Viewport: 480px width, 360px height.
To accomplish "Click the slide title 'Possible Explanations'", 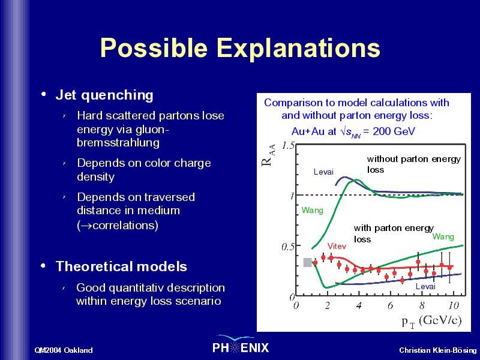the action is [x=240, y=47].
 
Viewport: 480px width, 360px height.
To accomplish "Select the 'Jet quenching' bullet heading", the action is [x=104, y=95].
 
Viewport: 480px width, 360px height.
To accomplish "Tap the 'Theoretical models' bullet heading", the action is [x=121, y=266].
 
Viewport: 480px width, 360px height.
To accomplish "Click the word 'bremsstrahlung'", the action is [x=118, y=143].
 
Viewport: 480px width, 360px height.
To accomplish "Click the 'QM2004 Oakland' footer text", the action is [x=64, y=350].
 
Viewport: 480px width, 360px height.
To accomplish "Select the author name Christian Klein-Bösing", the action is [x=438, y=350].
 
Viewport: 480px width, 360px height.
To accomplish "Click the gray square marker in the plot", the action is [x=308, y=262].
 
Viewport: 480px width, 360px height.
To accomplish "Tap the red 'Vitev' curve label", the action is [x=337, y=246].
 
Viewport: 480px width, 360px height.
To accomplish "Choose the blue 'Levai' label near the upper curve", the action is [x=323, y=172].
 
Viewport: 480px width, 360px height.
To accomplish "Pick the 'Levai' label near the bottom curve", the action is [x=425, y=287].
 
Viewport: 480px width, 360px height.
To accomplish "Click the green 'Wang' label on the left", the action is [x=312, y=211].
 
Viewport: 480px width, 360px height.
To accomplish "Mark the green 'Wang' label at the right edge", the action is [x=443, y=236].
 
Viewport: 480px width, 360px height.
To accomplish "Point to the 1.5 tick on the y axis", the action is [x=288, y=146].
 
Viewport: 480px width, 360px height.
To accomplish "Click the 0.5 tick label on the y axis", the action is [x=288, y=247].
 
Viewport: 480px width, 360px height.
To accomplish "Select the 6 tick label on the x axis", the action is [x=391, y=305].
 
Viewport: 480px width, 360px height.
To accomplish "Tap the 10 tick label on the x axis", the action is [x=454, y=305].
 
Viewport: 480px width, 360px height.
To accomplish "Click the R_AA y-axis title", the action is [x=268, y=155].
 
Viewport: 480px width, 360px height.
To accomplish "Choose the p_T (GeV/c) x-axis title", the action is [x=431, y=322].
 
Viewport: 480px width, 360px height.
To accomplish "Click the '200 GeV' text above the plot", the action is [x=394, y=131].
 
